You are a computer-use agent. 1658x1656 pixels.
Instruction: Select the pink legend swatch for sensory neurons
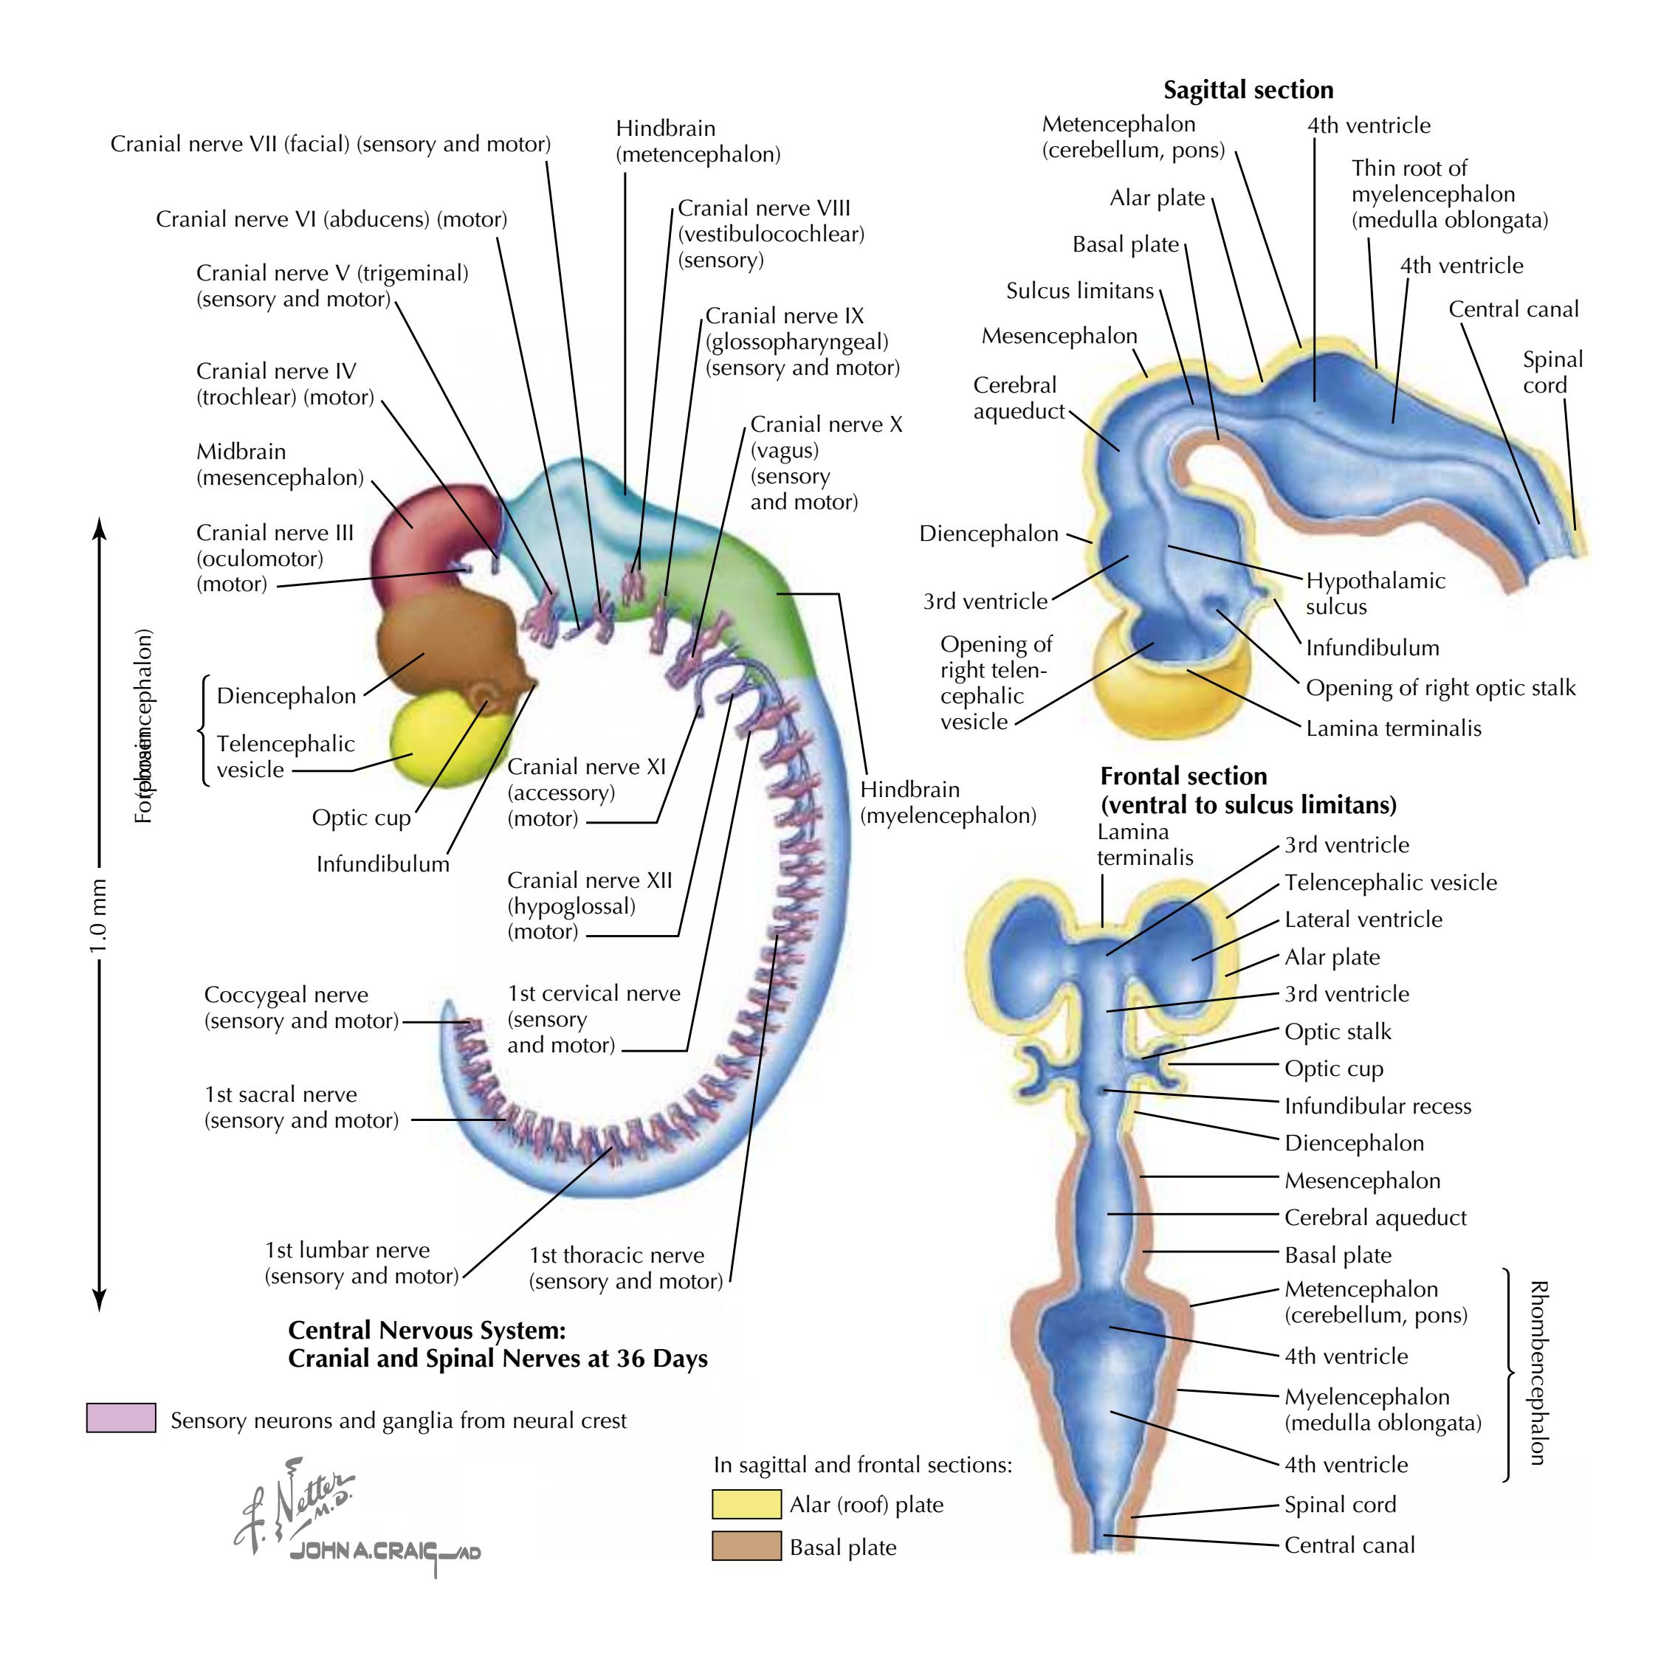(x=121, y=1418)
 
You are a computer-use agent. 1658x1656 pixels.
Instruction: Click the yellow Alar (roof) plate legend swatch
(x=746, y=1504)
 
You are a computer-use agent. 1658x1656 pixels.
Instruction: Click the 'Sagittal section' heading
(x=1248, y=90)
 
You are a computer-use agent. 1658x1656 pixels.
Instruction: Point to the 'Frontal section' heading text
(x=1183, y=776)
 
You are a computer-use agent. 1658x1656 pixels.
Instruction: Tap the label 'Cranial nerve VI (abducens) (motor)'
(x=331, y=220)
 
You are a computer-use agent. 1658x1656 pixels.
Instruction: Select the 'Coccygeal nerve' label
(x=286, y=996)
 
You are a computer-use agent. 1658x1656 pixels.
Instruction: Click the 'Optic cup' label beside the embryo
(x=361, y=818)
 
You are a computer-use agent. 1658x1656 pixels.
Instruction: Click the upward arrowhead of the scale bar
(x=100, y=526)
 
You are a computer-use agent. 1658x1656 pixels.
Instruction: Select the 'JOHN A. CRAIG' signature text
(x=384, y=1552)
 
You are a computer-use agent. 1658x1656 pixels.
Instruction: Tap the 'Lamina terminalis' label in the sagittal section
(x=1393, y=728)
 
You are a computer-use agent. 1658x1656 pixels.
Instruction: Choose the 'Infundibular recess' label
(x=1377, y=1106)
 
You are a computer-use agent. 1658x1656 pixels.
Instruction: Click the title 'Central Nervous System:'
(x=427, y=1330)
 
